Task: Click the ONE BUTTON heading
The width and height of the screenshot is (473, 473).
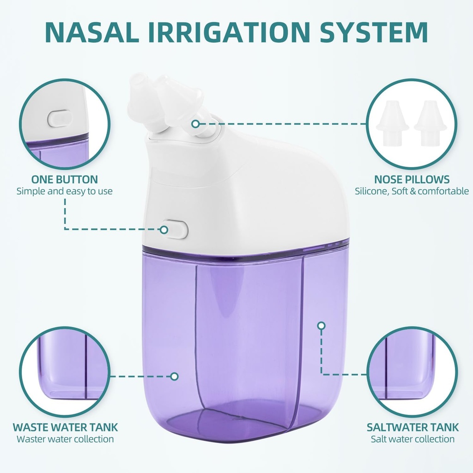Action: (x=65, y=179)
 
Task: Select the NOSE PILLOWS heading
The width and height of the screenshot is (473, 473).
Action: (x=412, y=179)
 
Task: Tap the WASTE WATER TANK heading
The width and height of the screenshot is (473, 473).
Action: (x=65, y=427)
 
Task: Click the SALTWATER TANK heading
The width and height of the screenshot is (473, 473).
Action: (x=412, y=427)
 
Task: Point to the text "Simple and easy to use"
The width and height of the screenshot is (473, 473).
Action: (x=65, y=191)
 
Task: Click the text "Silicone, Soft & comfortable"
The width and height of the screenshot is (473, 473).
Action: (x=412, y=191)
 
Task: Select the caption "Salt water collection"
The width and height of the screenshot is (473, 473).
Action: (x=412, y=439)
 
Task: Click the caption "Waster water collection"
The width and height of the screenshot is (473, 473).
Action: (x=65, y=439)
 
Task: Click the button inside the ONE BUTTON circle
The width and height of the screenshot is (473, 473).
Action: (x=60, y=118)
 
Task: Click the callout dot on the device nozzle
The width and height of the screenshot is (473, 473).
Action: (x=196, y=124)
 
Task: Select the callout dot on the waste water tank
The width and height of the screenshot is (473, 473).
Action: (x=174, y=376)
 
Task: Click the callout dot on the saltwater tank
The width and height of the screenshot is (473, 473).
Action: (x=321, y=326)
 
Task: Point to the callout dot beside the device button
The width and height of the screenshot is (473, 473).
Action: (x=164, y=229)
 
